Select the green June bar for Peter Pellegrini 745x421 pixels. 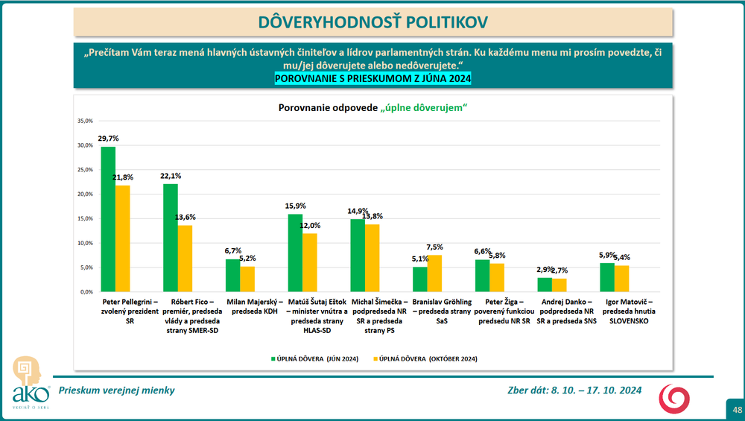pos(108,219)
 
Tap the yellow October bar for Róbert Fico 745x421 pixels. pos(185,258)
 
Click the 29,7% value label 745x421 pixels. pos(108,139)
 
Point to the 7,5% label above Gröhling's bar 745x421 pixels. pos(435,247)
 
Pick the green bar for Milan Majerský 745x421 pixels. pos(232,275)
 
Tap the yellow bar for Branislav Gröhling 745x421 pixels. pos(434,273)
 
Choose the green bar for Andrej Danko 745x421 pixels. pos(545,284)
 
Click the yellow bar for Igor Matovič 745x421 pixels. pos(621,278)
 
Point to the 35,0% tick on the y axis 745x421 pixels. pos(84,121)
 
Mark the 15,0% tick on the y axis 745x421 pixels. pos(84,218)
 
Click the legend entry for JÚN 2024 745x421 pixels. pos(314,358)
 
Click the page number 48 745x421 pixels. pos(736,410)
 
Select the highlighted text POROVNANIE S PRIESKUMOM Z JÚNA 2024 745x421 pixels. pos(372,78)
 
